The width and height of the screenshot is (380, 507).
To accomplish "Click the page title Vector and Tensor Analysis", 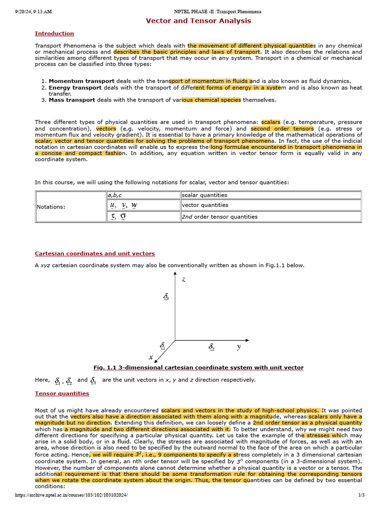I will (198, 21).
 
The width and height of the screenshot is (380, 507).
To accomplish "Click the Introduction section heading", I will (54, 34).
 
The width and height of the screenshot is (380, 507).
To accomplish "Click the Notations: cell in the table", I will (51, 206).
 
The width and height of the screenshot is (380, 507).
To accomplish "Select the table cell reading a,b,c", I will (116, 195).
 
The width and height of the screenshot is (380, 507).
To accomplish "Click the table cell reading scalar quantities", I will (205, 195).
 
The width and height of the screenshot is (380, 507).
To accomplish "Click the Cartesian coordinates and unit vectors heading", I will (95, 253).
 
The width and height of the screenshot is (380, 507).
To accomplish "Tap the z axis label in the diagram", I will (184, 279).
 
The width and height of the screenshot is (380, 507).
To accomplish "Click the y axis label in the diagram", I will (238, 347).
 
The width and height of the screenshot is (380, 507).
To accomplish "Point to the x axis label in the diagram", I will (150, 357).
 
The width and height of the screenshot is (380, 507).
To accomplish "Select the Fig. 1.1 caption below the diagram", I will (198, 367).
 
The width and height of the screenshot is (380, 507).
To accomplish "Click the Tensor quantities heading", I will (62, 393).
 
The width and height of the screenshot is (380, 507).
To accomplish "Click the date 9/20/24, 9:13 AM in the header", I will (34, 11).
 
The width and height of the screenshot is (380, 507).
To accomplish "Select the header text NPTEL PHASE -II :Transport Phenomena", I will (218, 11).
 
